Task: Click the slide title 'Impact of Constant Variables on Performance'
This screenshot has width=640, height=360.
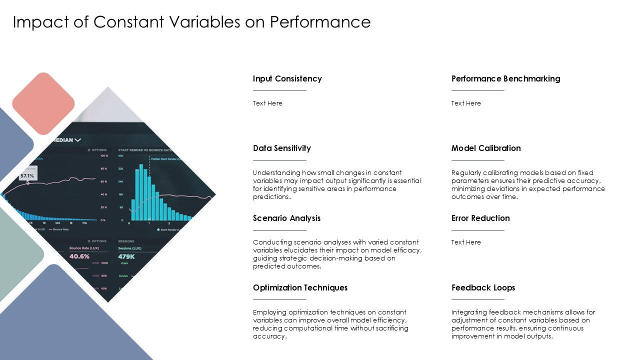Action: pos(191,22)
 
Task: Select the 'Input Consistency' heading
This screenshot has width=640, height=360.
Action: pos(287,78)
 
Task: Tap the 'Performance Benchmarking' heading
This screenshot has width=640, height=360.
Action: pos(505,78)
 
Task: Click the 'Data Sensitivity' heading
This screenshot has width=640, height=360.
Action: pos(281,148)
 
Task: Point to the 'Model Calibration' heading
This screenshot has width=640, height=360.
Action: pos(486,148)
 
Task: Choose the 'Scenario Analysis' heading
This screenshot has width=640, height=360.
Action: pos(286,218)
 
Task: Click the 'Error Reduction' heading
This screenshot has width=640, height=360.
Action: pos(480,218)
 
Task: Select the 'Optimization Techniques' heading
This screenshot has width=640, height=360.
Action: pos(300,287)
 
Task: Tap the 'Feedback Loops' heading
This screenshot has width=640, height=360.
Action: pos(483,287)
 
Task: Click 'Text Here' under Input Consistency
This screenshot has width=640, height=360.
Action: pos(267,103)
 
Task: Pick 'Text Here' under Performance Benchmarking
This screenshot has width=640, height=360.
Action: pos(466,103)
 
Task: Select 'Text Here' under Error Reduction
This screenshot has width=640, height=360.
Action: pos(466,242)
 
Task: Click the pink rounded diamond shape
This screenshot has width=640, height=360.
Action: pos(43,103)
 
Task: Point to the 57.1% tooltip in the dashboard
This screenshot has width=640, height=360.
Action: pos(27,175)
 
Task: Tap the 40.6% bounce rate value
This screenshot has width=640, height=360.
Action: pos(79,256)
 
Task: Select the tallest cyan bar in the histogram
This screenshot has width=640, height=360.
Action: pos(141,192)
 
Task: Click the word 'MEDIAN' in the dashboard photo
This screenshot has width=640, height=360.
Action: pos(61,140)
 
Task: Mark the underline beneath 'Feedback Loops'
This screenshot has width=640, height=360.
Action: pos(477,299)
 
